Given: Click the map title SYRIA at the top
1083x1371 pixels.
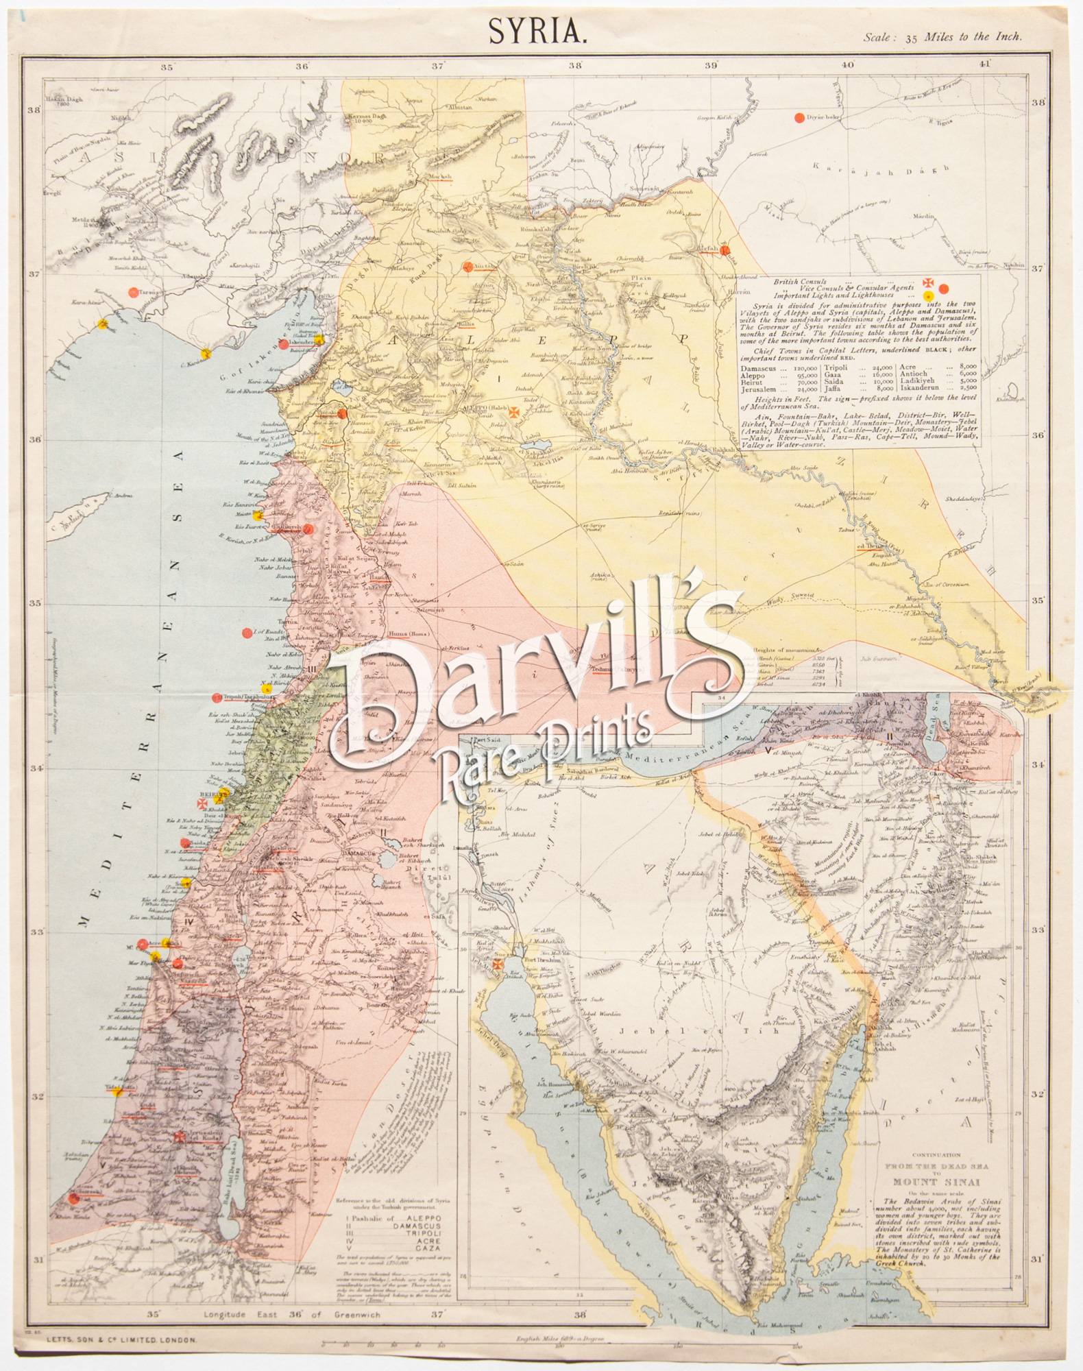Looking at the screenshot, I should pos(537,31).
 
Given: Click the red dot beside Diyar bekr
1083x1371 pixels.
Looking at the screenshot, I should pos(799,118).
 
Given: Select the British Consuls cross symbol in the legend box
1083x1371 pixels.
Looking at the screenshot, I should pos(929,282).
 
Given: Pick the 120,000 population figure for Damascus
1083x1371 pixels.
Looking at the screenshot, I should pos(804,367).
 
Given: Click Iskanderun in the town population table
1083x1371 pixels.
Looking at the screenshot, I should pos(922,389).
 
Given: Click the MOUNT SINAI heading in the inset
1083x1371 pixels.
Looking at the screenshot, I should pos(936,1182).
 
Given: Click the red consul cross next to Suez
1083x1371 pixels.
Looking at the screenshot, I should pos(498,964).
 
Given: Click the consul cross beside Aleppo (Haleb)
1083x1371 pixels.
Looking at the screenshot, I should pos(514,411).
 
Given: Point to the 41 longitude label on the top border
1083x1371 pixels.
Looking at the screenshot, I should pos(985,64).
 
